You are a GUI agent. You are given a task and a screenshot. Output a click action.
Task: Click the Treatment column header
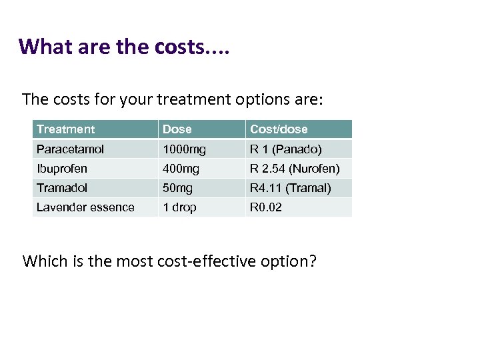click(66, 129)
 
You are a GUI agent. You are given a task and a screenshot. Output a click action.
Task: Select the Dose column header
click(177, 129)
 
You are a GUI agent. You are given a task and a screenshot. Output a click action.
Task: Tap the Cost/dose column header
click(279, 129)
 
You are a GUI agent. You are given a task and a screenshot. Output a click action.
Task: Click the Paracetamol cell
click(70, 149)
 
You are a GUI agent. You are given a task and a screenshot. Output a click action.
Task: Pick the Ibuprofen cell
click(62, 169)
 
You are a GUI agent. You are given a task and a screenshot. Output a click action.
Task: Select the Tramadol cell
click(62, 188)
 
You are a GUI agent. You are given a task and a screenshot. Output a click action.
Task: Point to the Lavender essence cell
click(85, 207)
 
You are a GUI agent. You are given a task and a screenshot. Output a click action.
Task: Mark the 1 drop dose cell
click(179, 207)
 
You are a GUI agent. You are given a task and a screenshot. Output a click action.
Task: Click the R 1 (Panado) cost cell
click(285, 149)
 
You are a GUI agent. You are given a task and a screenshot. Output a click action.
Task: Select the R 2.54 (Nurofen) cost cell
click(295, 169)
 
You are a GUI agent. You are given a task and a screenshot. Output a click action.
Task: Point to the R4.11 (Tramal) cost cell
click(290, 188)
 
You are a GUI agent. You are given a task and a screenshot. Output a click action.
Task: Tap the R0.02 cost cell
click(266, 207)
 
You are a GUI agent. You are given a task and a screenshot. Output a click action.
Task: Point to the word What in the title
click(42, 47)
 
